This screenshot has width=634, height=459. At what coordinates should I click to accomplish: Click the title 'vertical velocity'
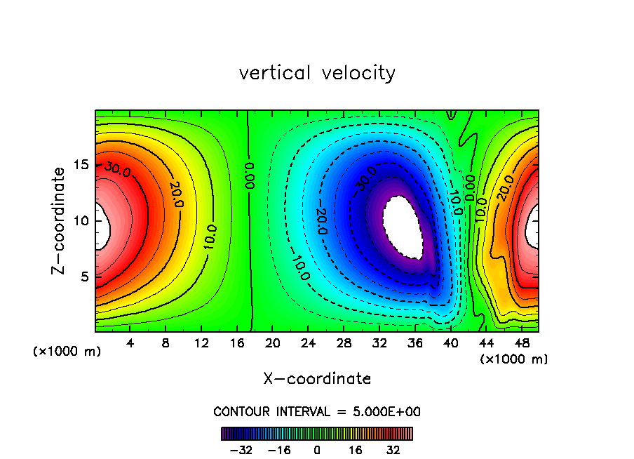coord(317,73)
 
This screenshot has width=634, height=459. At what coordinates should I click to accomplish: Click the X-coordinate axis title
coord(317,379)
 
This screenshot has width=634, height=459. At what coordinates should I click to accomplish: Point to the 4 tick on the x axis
coord(130,342)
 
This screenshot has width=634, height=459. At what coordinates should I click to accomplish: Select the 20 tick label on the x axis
coord(273,342)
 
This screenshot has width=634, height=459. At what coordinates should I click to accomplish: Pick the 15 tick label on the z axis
coord(83,165)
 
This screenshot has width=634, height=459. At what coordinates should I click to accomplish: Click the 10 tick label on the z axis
coord(83,220)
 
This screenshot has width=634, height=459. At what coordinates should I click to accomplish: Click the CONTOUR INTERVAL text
coord(317,411)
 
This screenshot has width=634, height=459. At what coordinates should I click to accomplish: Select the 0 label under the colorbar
coord(317,450)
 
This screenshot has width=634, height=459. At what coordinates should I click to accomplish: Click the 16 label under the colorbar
coord(356,450)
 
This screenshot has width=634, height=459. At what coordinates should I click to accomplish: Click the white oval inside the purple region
coord(404,227)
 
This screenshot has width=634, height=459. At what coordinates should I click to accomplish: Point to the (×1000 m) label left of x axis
coord(67,351)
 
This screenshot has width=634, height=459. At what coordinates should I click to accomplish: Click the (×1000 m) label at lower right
coord(514,359)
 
